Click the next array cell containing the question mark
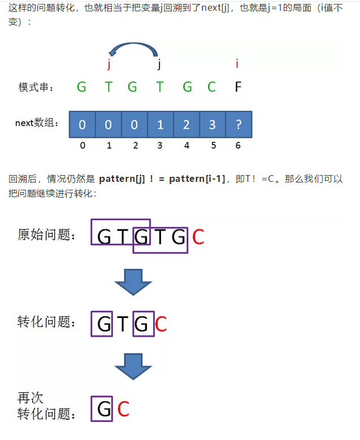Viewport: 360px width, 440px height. tap(238, 124)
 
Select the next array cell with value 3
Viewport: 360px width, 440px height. tap(212, 124)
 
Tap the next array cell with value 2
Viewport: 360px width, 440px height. tap(186, 124)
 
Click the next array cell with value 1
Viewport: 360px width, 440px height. tap(160, 124)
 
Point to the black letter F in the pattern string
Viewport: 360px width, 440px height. tap(238, 87)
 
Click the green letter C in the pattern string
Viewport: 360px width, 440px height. tap(211, 87)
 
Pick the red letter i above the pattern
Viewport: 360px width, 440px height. tap(237, 64)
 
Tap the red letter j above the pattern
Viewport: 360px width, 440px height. tap(108, 64)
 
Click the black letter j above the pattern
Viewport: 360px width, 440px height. tap(160, 64)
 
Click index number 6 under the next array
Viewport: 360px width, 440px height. tap(238, 146)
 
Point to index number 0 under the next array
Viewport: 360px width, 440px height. tap(83, 146)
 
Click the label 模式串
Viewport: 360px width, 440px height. tap(37, 88)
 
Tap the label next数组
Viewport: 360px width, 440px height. tap(37, 123)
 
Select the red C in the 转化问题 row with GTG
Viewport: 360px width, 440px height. tap(161, 324)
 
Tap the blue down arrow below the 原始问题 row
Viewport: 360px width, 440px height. tap(133, 281)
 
